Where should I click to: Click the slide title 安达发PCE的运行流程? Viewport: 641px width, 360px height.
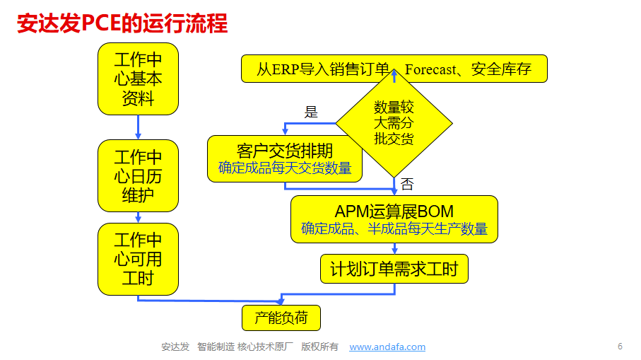(x=122, y=23)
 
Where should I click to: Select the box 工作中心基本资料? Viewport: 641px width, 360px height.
(x=138, y=79)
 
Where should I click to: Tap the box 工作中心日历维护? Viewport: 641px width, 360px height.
(x=138, y=175)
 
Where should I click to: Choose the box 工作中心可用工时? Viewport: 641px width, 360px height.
(x=138, y=259)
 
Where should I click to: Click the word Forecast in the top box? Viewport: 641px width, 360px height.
(x=430, y=69)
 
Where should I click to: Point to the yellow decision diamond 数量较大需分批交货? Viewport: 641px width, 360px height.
(x=394, y=122)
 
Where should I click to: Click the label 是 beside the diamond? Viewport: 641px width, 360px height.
(x=311, y=112)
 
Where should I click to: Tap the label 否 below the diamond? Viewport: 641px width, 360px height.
(x=407, y=185)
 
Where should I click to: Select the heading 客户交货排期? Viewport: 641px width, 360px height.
(x=285, y=151)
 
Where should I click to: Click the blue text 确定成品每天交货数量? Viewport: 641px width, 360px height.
(x=285, y=168)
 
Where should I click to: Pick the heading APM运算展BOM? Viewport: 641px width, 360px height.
(x=394, y=211)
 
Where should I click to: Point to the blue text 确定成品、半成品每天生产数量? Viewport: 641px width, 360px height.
(x=394, y=228)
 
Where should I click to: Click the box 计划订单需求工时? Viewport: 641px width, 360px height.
(x=394, y=269)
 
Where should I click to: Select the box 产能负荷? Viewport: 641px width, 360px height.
(x=281, y=318)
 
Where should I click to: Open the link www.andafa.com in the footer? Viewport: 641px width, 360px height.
(x=387, y=347)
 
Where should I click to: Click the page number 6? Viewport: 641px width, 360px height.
(x=620, y=347)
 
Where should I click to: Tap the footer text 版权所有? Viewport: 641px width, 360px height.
(x=319, y=347)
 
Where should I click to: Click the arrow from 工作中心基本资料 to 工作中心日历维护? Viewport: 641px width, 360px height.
(x=138, y=127)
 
